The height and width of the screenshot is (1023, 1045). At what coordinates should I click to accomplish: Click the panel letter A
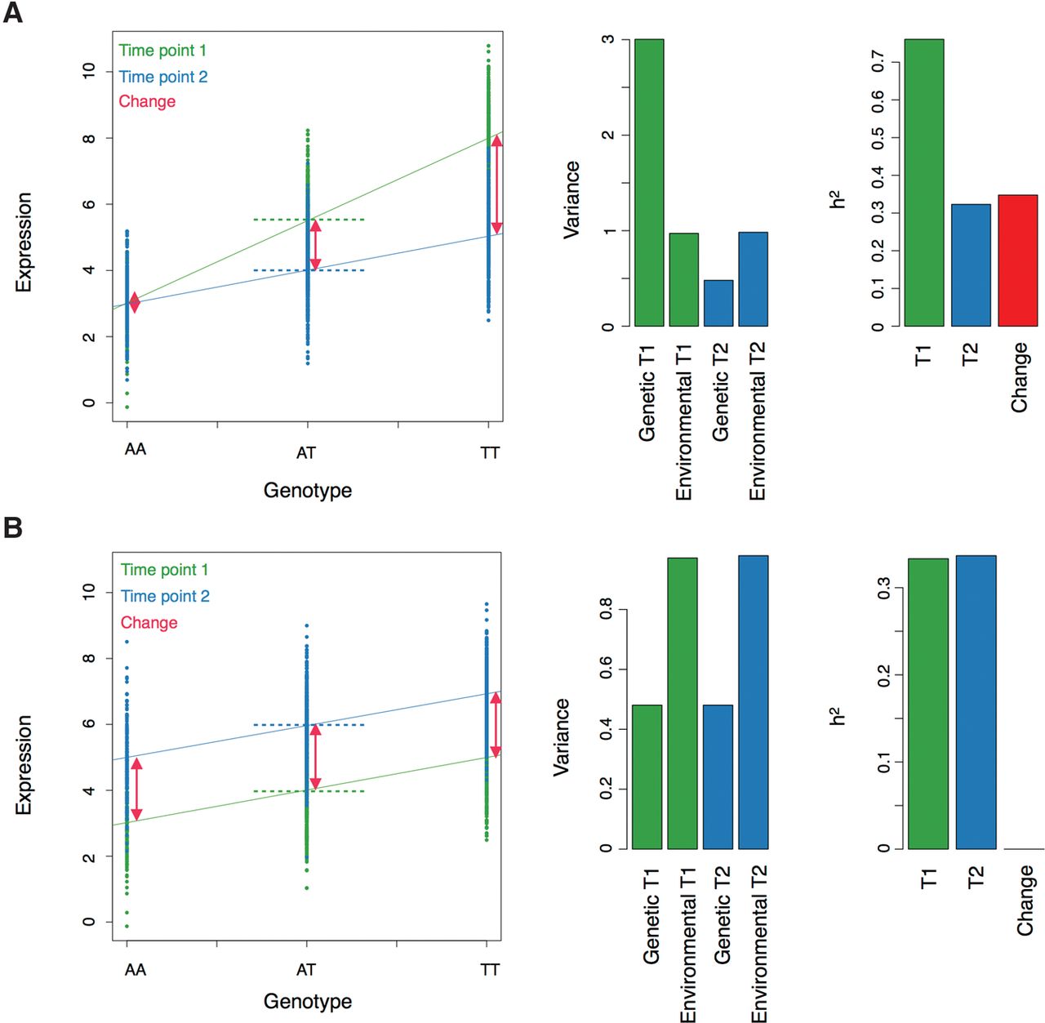click(13, 13)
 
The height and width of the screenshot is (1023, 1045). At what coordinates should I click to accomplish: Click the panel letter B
click(13, 527)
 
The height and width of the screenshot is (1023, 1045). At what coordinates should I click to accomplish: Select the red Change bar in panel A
click(1017, 260)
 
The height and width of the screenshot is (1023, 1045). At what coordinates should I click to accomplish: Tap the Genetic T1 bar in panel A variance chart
click(649, 183)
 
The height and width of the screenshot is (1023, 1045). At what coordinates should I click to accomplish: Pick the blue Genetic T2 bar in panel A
click(718, 303)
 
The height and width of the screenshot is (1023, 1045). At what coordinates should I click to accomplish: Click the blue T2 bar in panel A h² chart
click(971, 265)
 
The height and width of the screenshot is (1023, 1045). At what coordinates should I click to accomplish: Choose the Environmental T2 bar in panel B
click(753, 702)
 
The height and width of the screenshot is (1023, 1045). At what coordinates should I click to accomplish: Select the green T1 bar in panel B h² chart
click(928, 704)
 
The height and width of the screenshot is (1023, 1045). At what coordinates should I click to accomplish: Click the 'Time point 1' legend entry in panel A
click(162, 51)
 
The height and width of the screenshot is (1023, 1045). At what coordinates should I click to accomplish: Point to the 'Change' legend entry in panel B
click(149, 622)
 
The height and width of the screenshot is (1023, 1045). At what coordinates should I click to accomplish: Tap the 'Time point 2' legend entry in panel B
click(165, 596)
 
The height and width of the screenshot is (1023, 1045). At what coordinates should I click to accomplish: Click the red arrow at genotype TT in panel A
click(496, 185)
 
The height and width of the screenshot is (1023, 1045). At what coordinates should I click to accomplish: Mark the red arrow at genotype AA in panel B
click(136, 789)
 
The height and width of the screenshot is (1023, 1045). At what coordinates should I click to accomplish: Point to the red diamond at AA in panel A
click(135, 303)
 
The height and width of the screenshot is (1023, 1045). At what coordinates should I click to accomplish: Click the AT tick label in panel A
click(306, 453)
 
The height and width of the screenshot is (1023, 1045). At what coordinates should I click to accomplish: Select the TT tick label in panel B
click(490, 970)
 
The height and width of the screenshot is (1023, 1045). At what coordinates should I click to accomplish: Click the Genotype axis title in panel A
click(308, 491)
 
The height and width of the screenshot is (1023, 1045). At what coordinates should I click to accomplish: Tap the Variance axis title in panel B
click(562, 737)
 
